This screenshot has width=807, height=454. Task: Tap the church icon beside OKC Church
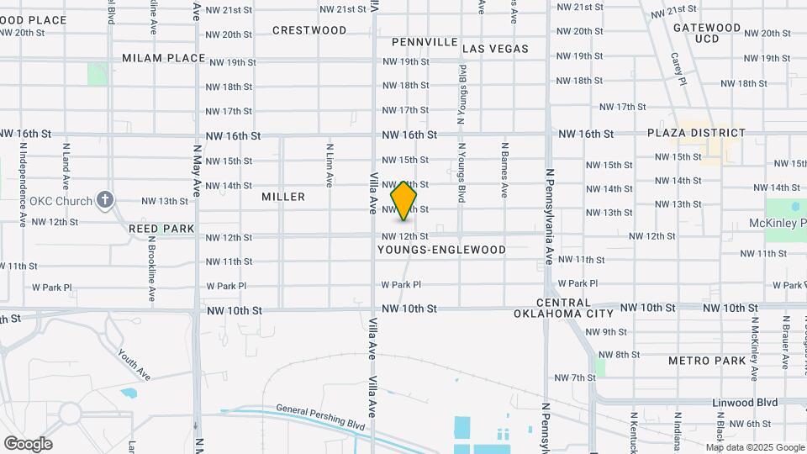[x=104, y=200]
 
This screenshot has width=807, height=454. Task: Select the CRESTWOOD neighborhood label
[x=309, y=30]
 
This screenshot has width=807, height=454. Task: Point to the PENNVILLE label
[x=425, y=42]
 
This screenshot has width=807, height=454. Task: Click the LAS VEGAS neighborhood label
[x=496, y=49]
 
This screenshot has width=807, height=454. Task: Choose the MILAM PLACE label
[x=164, y=58]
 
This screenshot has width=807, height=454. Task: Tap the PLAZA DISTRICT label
[x=696, y=133]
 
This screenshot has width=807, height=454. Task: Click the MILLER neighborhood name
[x=283, y=197]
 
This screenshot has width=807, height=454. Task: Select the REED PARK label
[x=161, y=229]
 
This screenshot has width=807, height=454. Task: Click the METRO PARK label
[x=707, y=361]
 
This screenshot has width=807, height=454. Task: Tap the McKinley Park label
[x=778, y=224]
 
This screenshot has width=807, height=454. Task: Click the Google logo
[x=28, y=444]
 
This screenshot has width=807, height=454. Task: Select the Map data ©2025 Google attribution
[x=754, y=447]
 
